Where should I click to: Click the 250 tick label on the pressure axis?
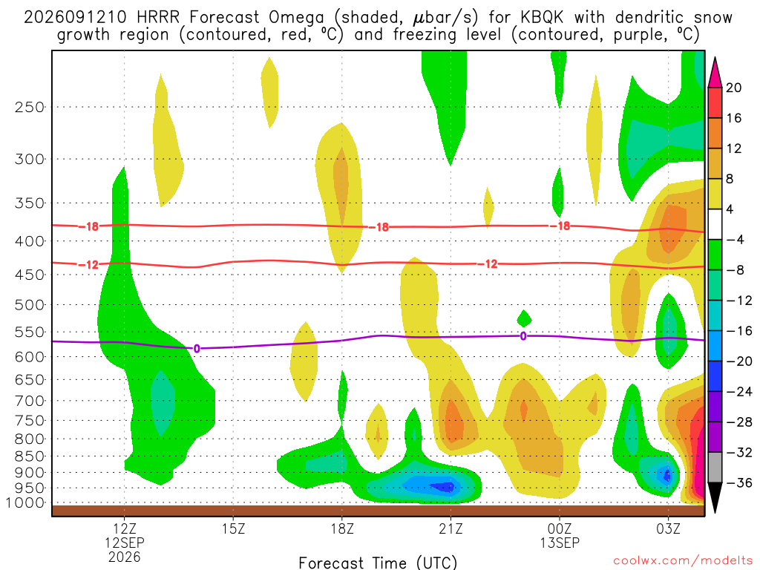[x=30, y=107]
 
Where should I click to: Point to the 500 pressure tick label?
[x=30, y=305]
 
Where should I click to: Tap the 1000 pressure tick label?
[x=25, y=502]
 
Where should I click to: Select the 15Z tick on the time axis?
[x=233, y=528]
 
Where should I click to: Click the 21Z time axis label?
[x=451, y=528]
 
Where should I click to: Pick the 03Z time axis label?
[x=669, y=528]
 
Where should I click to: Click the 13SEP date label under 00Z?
[x=560, y=543]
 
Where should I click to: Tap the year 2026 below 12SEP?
[x=125, y=557]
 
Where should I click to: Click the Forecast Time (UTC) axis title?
[x=378, y=563]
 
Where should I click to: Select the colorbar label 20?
[x=733, y=88]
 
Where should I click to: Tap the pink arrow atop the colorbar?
[x=715, y=73]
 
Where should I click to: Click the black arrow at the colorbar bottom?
[x=715, y=497]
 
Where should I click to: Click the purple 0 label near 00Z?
[x=523, y=336]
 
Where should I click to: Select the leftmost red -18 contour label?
[x=88, y=226]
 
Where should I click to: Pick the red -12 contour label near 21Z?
[x=488, y=263]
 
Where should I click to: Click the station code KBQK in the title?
[x=542, y=18]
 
